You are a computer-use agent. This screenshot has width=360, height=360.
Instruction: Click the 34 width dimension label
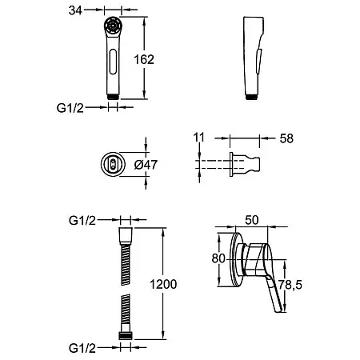(75, 10)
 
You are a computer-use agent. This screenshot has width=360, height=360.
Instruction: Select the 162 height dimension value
(144, 59)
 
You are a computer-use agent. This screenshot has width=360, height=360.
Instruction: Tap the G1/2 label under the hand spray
(70, 108)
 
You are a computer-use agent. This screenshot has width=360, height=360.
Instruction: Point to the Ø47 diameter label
(146, 165)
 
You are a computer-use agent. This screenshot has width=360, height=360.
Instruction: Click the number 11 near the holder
(199, 138)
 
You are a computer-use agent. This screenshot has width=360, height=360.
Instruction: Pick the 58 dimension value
(286, 138)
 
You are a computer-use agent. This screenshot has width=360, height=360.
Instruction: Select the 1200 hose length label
(163, 284)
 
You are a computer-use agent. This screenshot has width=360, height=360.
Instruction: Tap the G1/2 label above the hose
(82, 221)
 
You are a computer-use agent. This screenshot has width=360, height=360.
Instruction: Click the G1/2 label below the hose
(82, 348)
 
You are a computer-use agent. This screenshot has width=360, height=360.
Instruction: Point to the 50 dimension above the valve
(252, 220)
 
